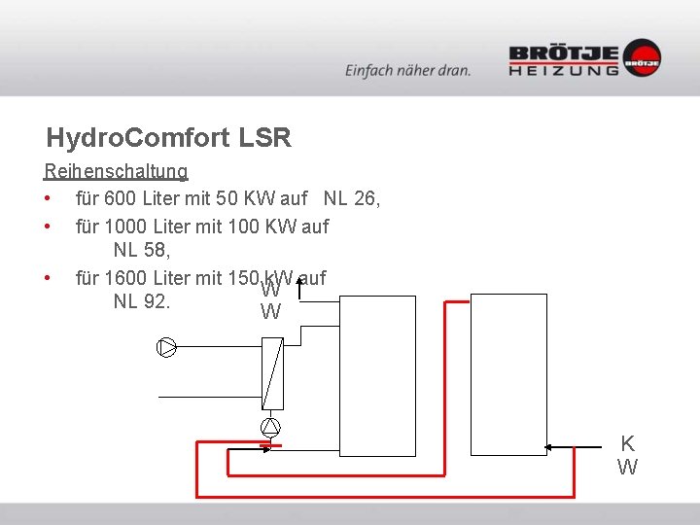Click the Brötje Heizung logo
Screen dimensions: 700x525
click(x=584, y=58)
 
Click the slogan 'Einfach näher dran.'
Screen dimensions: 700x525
click(x=407, y=70)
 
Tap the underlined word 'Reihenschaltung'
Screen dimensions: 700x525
click(x=116, y=172)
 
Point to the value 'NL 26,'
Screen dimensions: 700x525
click(x=352, y=199)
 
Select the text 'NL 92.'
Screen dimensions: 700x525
click(x=142, y=301)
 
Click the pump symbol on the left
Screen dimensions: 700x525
click(x=166, y=347)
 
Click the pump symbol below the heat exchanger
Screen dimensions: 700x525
click(x=270, y=427)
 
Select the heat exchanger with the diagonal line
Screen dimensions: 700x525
click(x=272, y=373)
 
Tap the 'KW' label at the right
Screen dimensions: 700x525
click(x=627, y=455)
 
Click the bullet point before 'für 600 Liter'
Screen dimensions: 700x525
click(x=47, y=199)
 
